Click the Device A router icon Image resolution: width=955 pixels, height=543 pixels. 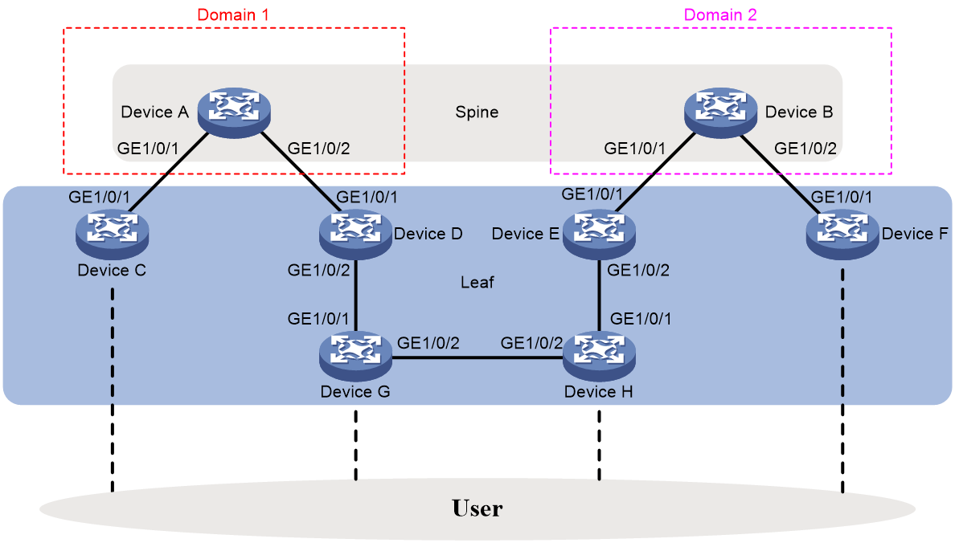[x=234, y=112]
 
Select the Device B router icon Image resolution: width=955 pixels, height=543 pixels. [x=720, y=112]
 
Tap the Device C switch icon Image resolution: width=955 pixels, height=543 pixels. [x=112, y=235]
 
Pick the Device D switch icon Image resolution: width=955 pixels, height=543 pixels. [x=355, y=235]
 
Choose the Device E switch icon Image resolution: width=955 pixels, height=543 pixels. [x=600, y=235]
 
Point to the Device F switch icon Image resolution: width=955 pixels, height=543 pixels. [x=842, y=235]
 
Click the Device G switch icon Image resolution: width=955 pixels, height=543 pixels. [x=355, y=356]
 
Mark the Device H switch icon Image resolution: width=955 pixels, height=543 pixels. [x=600, y=356]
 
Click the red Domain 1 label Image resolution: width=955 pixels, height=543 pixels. [x=232, y=14]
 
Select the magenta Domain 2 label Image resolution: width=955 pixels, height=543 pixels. [x=720, y=14]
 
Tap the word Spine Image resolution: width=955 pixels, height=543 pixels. [x=477, y=112]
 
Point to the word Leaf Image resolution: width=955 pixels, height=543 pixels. [x=477, y=283]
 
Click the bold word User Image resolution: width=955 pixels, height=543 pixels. [x=477, y=508]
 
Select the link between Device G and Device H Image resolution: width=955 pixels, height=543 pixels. [x=477, y=358]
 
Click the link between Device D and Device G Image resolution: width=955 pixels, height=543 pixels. [x=355, y=296]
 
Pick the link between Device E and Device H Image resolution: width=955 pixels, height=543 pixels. [x=600, y=296]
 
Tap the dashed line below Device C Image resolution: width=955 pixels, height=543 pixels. [x=113, y=390]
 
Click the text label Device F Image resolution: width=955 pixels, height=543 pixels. [x=915, y=234]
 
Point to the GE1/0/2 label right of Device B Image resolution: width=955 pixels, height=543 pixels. [x=805, y=149]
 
